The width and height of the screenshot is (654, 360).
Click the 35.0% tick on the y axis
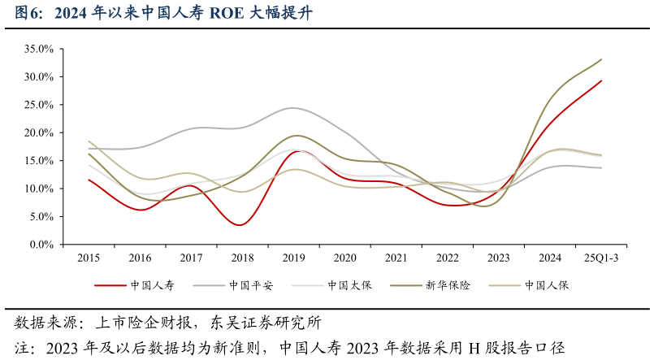(38, 49)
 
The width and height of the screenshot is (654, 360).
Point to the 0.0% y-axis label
(41, 244)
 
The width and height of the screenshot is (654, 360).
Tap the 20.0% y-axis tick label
(38, 132)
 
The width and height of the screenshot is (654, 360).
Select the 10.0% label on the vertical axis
(38, 189)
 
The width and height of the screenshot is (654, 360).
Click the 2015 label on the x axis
(89, 258)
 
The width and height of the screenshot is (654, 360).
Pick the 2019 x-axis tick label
(294, 258)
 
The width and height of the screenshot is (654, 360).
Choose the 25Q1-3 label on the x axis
(601, 258)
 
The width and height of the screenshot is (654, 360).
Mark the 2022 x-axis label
(448, 258)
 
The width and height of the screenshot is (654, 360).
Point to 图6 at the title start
(30, 13)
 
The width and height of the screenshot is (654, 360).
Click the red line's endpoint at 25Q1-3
(601, 80)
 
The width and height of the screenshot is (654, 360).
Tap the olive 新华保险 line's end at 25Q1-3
(601, 59)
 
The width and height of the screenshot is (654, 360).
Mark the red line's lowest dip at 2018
(240, 225)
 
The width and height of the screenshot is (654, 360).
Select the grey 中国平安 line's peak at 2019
(293, 108)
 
